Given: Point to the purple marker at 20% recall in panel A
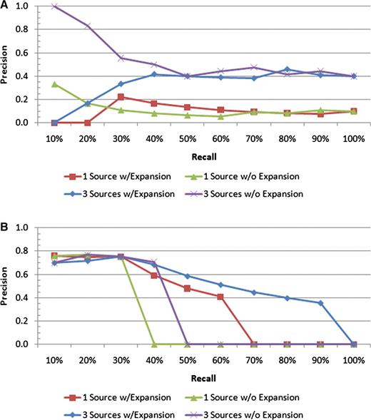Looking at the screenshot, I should click(x=88, y=26).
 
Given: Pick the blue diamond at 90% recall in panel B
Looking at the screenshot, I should click(x=320, y=303).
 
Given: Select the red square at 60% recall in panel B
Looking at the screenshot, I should click(x=220, y=297).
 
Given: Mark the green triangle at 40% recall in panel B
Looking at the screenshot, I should click(x=155, y=344).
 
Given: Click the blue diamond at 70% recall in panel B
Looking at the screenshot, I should click(x=254, y=292).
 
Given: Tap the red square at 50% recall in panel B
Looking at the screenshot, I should click(x=188, y=288).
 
